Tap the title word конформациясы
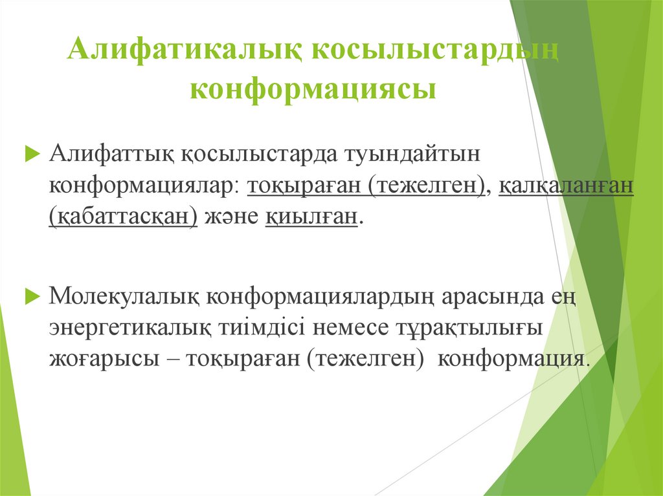click(x=313, y=89)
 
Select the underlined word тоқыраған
click(x=305, y=186)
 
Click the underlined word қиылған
click(x=311, y=216)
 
